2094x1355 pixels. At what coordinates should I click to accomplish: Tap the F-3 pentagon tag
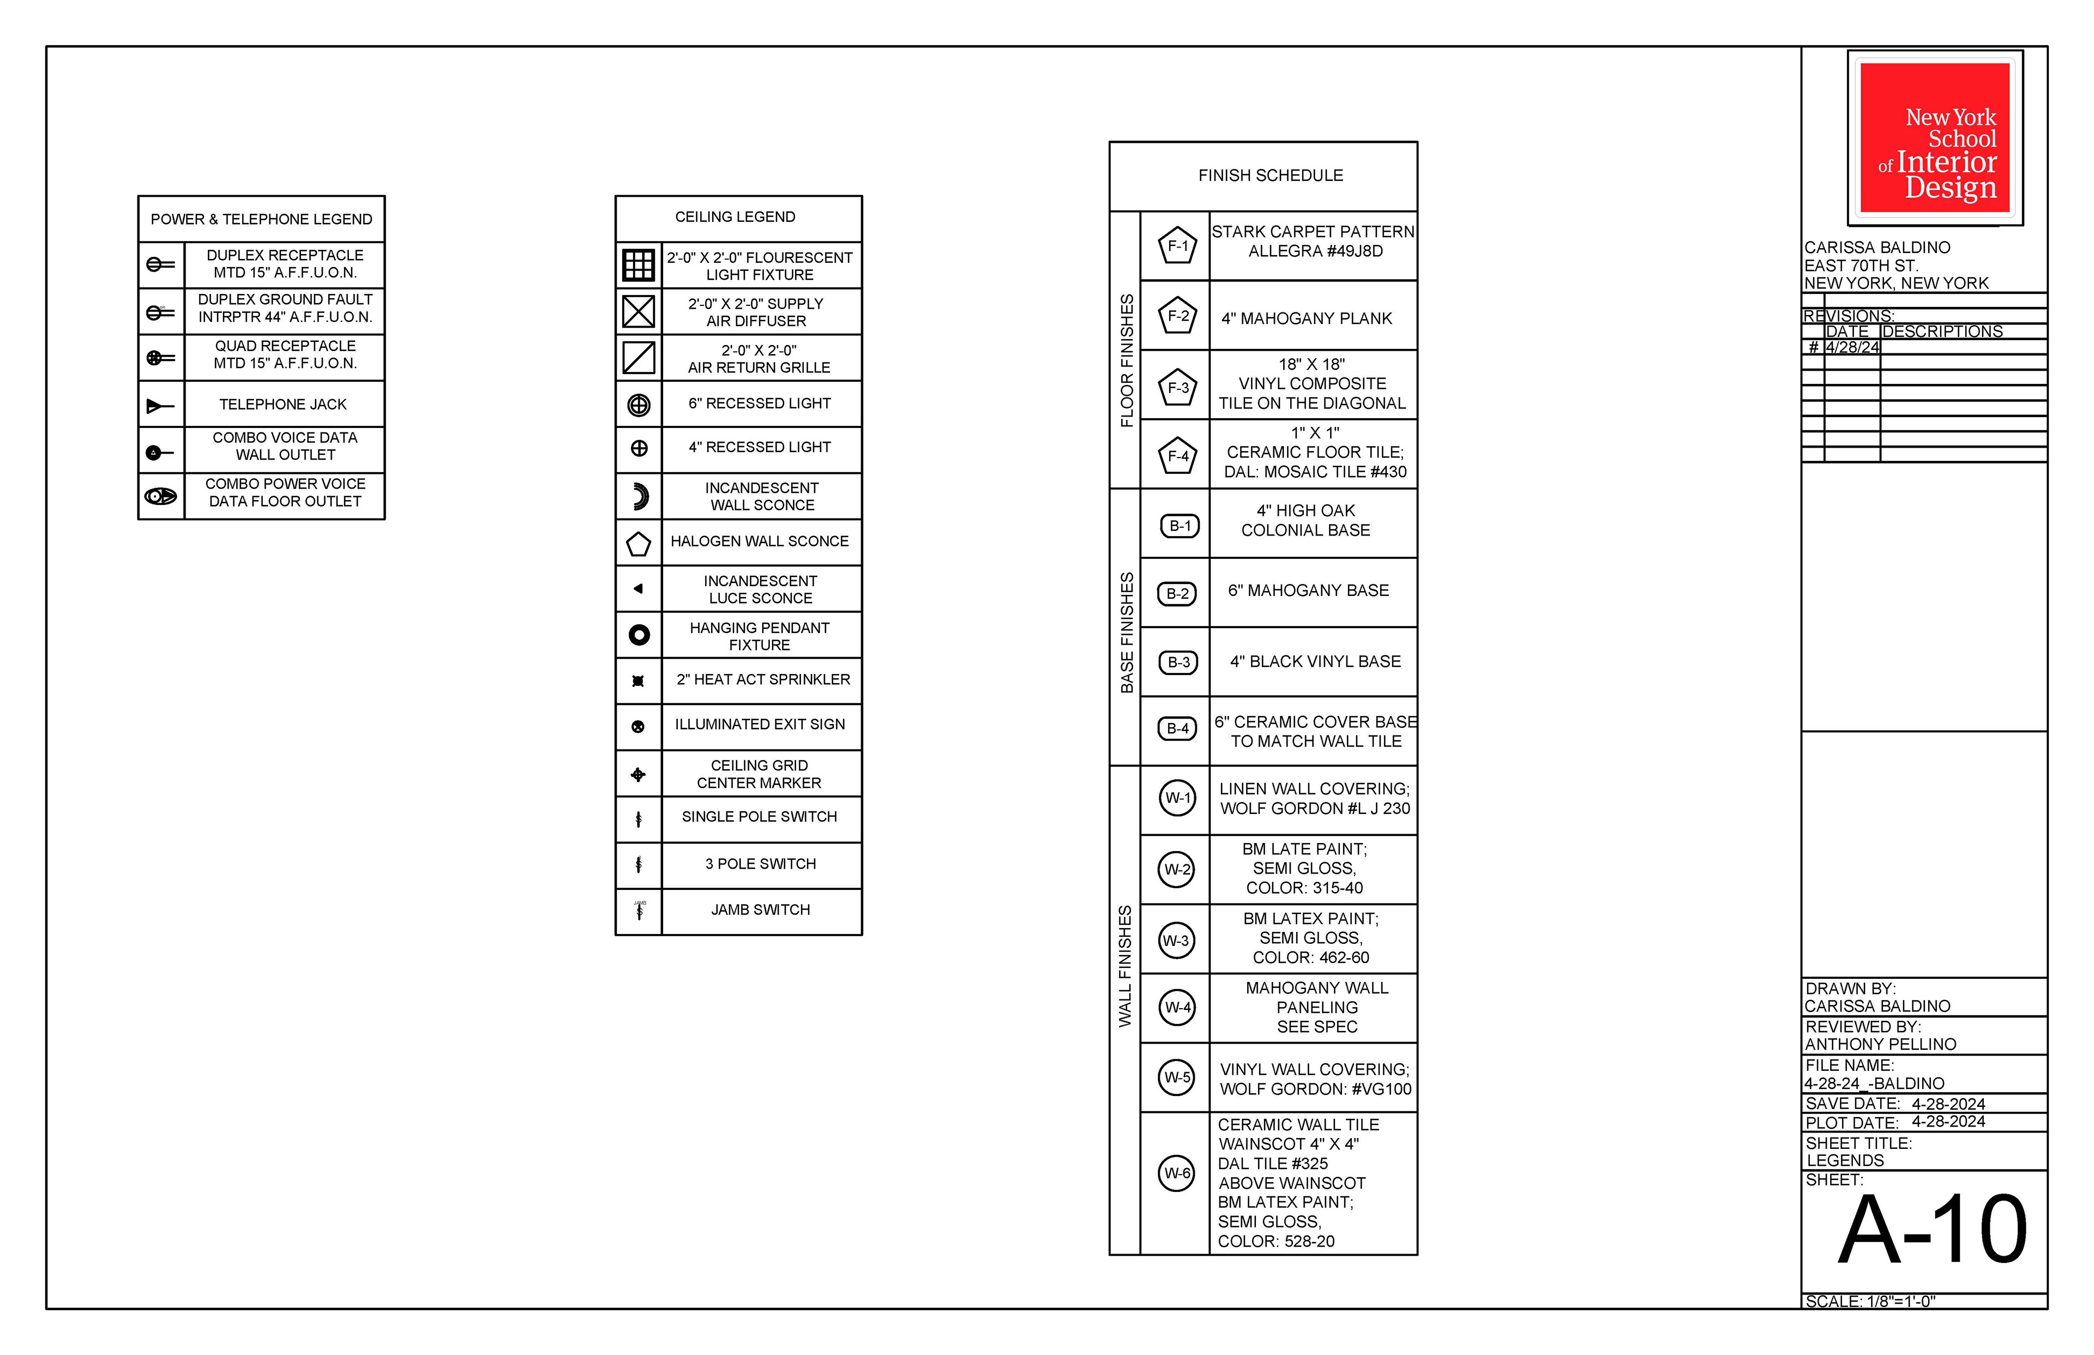pos(1178,387)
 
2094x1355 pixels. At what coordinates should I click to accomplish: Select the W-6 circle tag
pos(1176,1173)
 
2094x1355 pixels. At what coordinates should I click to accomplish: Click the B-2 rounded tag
pos(1177,594)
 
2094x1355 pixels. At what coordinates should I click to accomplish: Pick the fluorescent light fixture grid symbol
pos(638,265)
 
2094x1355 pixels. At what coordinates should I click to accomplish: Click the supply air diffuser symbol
pos(638,311)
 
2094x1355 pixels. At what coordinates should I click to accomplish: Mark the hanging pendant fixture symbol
pos(639,634)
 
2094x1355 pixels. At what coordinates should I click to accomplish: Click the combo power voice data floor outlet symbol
pos(160,496)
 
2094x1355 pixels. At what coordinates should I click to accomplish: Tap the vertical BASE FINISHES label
pos(1126,632)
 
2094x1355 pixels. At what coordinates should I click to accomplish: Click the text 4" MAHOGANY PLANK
pos(1307,318)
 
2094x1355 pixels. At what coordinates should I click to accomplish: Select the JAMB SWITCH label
pos(760,910)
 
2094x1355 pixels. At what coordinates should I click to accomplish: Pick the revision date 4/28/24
pos(1852,347)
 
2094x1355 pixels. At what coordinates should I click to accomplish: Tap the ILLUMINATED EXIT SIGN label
pos(759,724)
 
